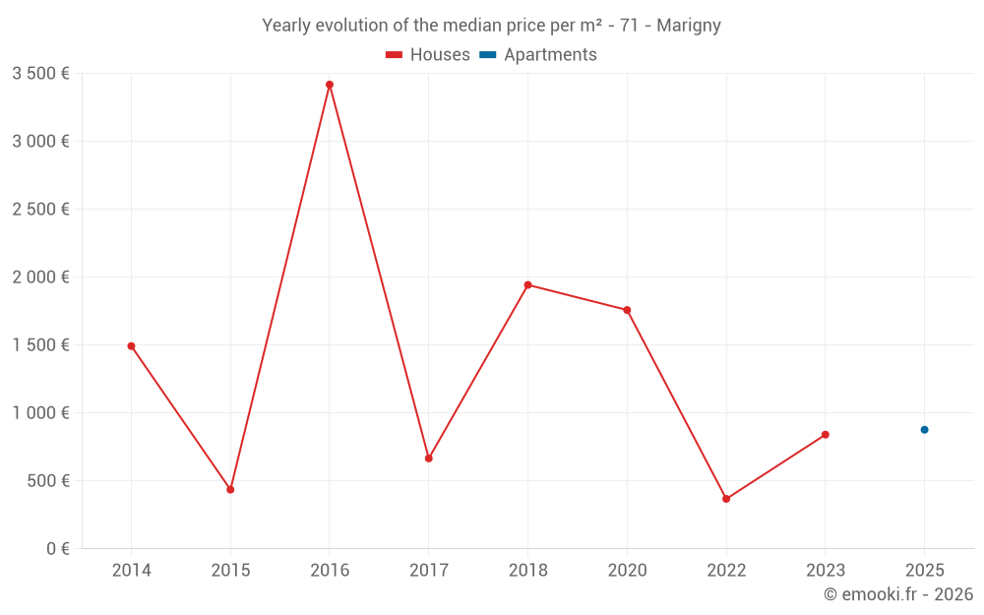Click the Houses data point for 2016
[330, 85]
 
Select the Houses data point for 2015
[230, 489]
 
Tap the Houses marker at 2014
[131, 345]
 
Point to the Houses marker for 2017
[429, 459]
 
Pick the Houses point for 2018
[527, 285]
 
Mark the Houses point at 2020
[627, 310]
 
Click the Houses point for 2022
[726, 499]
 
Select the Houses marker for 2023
[826, 435]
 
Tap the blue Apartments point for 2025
[924, 430]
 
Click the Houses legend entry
[428, 55]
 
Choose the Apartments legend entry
[538, 55]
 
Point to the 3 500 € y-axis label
[40, 73]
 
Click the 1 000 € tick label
[40, 413]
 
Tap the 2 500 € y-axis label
[40, 209]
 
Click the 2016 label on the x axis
[330, 570]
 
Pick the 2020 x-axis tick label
[627, 570]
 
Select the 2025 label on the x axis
[924, 570]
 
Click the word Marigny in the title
[689, 26]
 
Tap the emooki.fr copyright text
[898, 594]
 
